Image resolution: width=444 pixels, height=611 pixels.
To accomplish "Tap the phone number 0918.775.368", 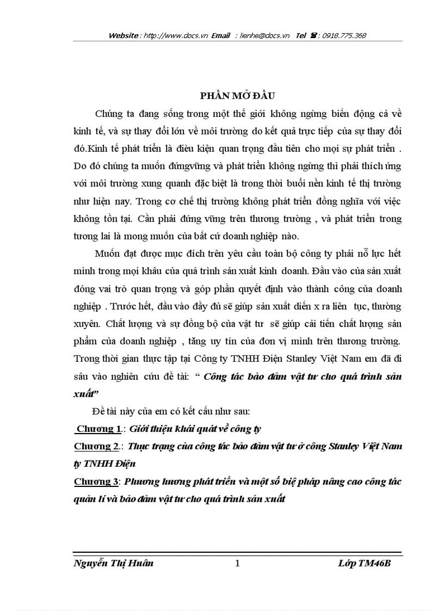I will (x=344, y=36).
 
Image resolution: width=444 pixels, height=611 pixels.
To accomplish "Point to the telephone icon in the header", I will (x=314, y=36).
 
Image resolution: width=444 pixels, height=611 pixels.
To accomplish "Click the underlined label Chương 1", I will (x=98, y=429).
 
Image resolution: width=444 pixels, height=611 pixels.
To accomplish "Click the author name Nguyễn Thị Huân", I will (x=113, y=563).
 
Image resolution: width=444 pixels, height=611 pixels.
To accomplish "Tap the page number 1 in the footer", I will (x=237, y=563).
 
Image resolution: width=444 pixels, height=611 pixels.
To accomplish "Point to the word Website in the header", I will (x=124, y=36).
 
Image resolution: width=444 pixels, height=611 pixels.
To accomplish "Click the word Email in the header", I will (x=221, y=36).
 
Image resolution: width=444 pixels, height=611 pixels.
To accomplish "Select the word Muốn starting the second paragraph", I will (x=108, y=254).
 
